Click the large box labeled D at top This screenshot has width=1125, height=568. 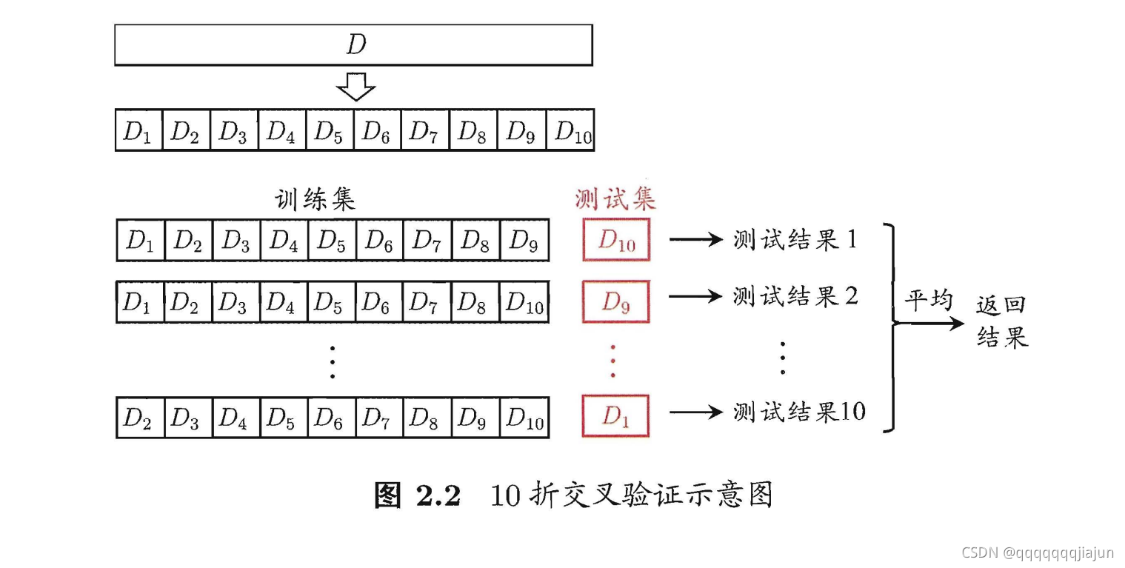coord(353,45)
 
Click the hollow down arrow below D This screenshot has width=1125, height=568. coord(355,87)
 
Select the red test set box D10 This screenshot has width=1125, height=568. coord(615,240)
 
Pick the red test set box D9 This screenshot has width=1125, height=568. coord(615,301)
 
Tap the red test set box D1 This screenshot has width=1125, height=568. coord(615,415)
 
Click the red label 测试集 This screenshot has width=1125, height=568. coord(615,199)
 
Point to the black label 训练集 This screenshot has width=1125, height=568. coord(316,199)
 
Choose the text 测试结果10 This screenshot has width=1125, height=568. coord(799,412)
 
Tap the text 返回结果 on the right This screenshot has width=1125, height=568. coord(1002,321)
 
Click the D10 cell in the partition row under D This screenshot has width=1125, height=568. coord(570,130)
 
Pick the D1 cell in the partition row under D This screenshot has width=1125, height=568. coord(138,130)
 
